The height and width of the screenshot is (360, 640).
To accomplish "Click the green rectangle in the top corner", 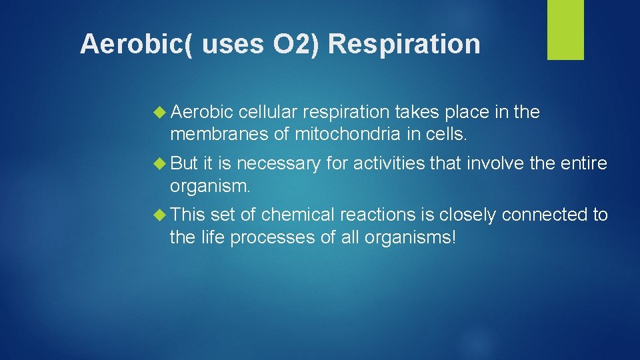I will pos(565,30).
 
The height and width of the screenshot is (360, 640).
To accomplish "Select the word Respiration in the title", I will pos(405,45).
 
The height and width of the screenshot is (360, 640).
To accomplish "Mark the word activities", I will pos(385,163).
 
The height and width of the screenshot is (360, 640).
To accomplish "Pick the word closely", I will pos(465,215).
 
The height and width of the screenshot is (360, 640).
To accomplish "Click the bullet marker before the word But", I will pos(161,163).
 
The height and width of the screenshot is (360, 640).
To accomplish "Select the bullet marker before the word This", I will pos(161,215).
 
